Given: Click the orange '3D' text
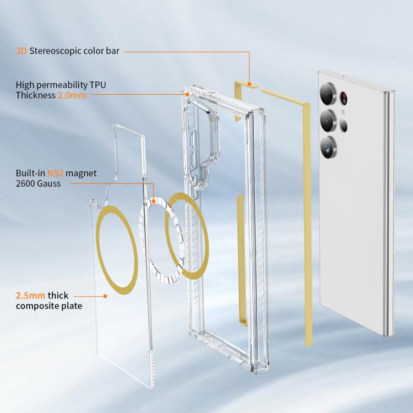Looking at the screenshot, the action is [21, 51].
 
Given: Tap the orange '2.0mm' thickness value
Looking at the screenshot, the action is [72, 95].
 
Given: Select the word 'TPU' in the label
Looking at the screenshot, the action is [97, 85].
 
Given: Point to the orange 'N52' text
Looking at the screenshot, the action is [55, 173].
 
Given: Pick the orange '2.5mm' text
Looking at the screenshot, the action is [30, 296].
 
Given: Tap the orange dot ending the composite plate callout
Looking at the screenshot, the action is [105, 296].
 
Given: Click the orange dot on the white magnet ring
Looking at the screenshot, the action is [153, 202].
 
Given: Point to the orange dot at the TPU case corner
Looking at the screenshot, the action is [187, 94].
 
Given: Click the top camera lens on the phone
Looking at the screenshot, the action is [328, 94].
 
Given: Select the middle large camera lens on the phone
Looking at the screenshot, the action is [328, 121].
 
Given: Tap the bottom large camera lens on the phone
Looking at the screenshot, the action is [328, 148].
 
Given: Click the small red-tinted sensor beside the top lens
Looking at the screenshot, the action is [344, 98].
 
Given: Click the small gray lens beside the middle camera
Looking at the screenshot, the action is [343, 126].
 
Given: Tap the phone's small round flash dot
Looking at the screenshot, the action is [343, 112].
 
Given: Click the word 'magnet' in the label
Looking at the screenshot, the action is [81, 173].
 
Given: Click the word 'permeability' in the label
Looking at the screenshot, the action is [62, 85].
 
